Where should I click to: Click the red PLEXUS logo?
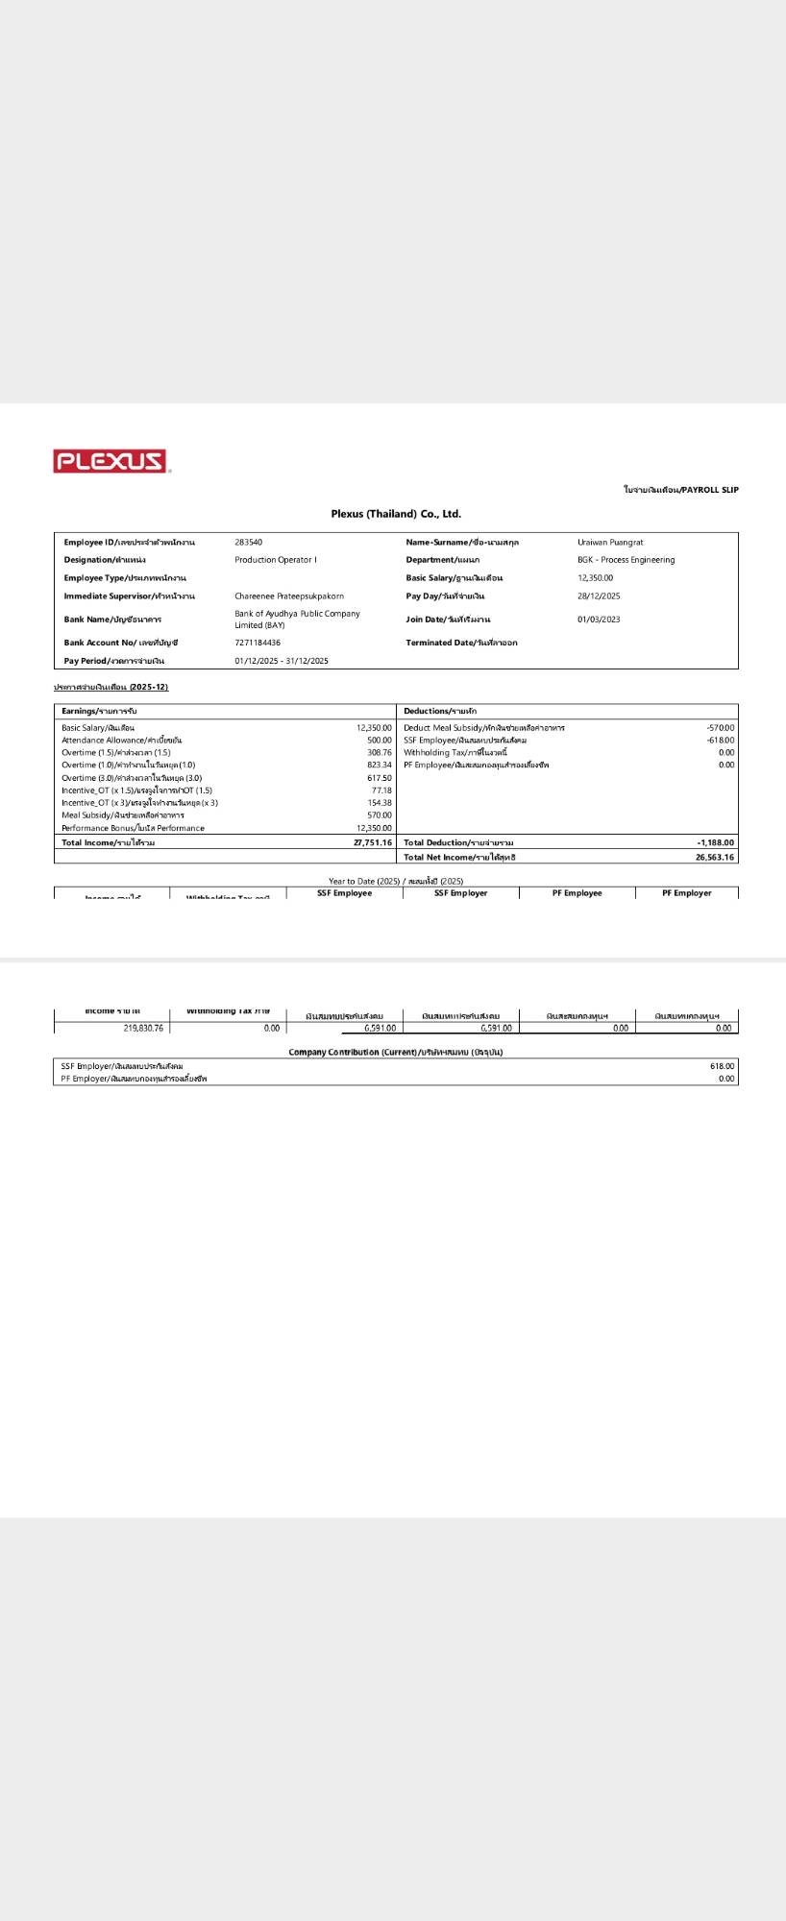click(x=111, y=461)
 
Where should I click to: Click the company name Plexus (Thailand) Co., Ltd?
click(x=396, y=514)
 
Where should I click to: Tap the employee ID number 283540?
click(x=248, y=543)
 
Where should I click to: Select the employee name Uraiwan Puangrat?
click(x=610, y=543)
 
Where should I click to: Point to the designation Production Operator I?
click(x=275, y=560)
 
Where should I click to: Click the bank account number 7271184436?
click(x=258, y=643)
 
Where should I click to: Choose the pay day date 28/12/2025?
click(x=599, y=596)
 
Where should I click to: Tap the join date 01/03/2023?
click(x=599, y=620)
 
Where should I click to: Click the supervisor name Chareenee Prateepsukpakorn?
click(x=289, y=596)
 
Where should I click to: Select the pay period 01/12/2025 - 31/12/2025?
click(x=282, y=661)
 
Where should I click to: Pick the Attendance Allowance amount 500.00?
click(x=380, y=741)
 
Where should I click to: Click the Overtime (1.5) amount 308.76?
click(x=380, y=753)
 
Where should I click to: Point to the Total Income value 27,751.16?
click(x=373, y=842)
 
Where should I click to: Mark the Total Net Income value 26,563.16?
click(x=715, y=858)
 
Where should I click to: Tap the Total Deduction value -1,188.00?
click(x=716, y=842)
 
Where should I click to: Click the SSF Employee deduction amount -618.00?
click(x=721, y=741)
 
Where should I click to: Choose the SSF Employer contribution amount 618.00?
click(x=722, y=1066)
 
